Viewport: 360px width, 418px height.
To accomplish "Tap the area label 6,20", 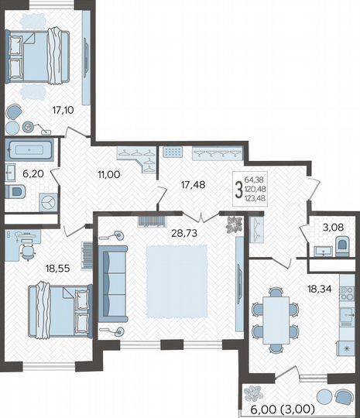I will point(32,175).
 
